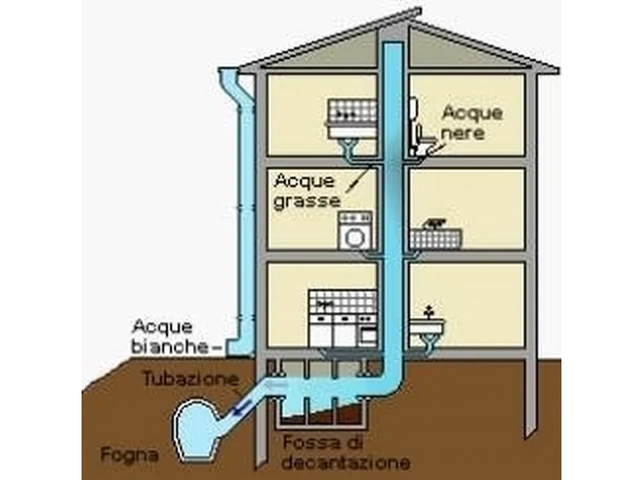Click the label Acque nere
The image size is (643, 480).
[471, 122]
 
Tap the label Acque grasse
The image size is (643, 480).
[307, 191]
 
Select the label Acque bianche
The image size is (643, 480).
[170, 337]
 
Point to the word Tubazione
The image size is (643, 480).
[191, 379]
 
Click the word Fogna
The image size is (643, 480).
[130, 455]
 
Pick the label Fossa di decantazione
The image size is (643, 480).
[346, 453]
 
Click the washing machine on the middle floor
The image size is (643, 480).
[355, 230]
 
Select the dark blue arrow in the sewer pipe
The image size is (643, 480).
[241, 408]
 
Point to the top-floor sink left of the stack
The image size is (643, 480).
[352, 119]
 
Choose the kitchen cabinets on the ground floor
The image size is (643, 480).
[343, 319]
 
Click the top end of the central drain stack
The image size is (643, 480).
[393, 42]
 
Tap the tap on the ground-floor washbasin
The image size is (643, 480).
[429, 312]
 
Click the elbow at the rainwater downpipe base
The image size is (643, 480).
[239, 347]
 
